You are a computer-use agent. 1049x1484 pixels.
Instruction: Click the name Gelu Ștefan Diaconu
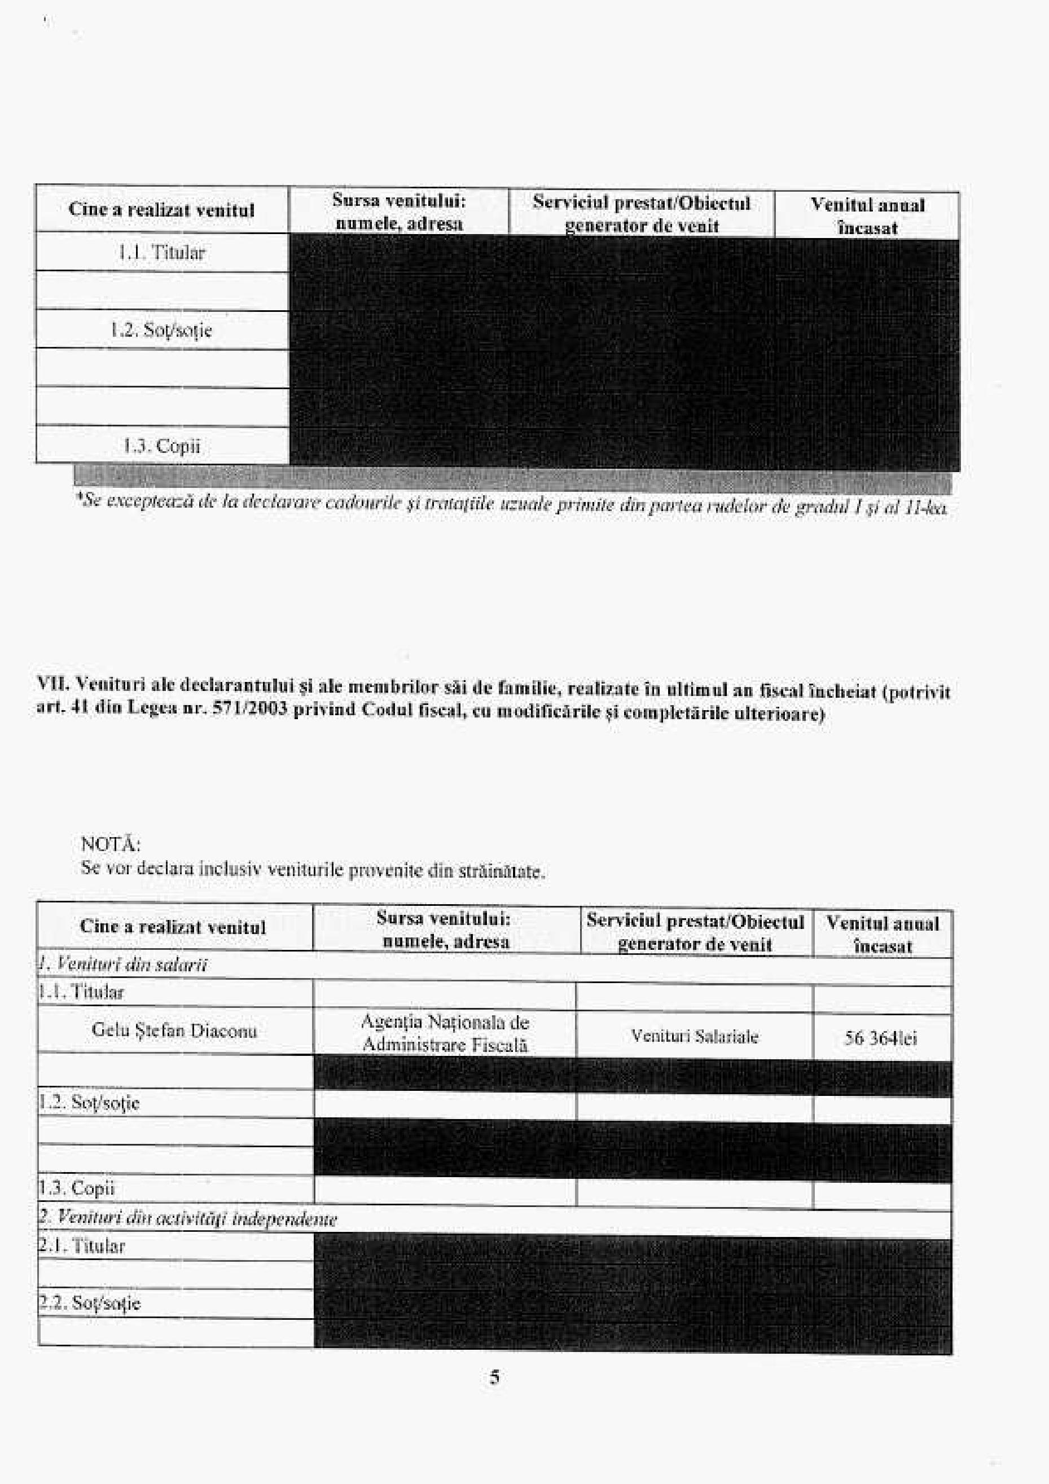pyautogui.click(x=174, y=1031)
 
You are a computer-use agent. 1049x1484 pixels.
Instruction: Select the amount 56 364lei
pyautogui.click(x=880, y=1038)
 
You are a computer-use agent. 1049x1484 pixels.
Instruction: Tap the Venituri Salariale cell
pyautogui.click(x=695, y=1036)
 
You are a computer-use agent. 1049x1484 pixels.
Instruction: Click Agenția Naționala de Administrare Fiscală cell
pyautogui.click(x=445, y=1033)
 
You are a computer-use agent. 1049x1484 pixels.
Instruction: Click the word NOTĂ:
pyautogui.click(x=111, y=844)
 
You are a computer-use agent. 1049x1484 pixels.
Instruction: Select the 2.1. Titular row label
pyautogui.click(x=81, y=1245)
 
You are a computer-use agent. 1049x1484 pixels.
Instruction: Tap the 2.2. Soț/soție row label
pyautogui.click(x=89, y=1302)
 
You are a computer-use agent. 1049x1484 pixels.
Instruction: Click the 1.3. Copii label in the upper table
pyautogui.click(x=162, y=446)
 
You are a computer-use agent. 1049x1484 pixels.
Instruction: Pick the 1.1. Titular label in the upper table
pyautogui.click(x=162, y=253)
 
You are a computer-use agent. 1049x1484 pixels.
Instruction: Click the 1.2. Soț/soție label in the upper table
pyautogui.click(x=162, y=331)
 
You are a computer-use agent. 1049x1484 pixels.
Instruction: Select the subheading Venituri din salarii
pyautogui.click(x=123, y=965)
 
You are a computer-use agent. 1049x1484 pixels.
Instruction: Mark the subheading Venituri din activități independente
pyautogui.click(x=187, y=1218)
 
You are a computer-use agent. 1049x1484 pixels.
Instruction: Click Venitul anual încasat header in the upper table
pyautogui.click(x=867, y=216)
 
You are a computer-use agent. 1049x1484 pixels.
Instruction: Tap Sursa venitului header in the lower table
pyautogui.click(x=445, y=929)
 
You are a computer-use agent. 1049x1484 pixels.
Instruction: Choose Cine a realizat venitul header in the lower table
pyautogui.click(x=173, y=927)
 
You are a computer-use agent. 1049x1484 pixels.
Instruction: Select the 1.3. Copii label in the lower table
pyautogui.click(x=76, y=1188)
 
